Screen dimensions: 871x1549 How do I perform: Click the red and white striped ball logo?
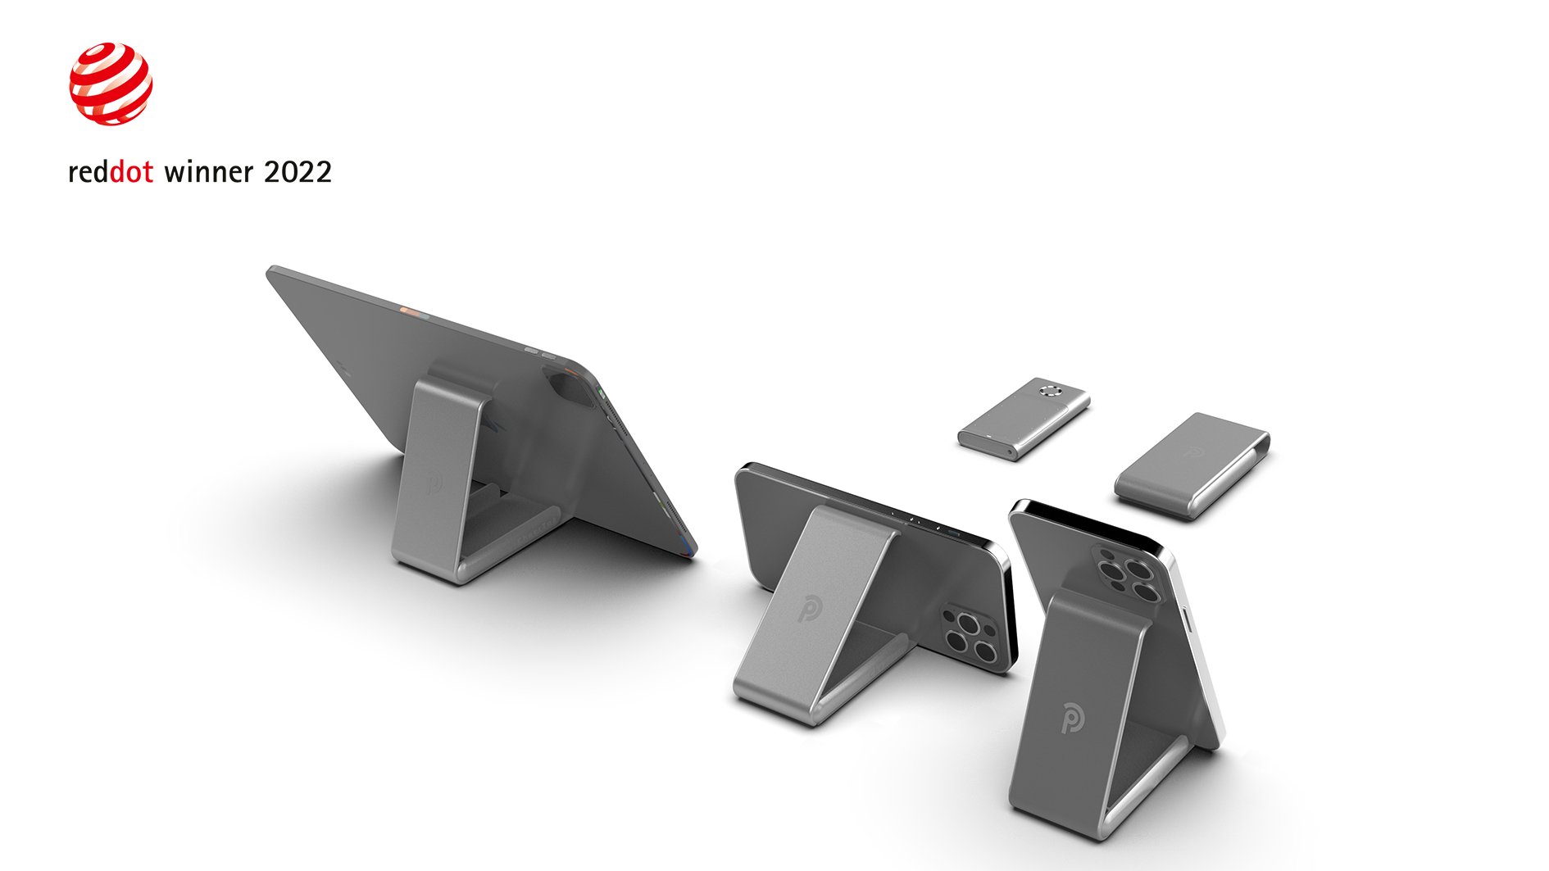pos(111,84)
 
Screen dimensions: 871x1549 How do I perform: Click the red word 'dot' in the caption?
pos(131,172)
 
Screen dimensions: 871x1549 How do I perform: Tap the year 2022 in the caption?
pos(298,172)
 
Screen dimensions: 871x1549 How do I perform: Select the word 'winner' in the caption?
pos(208,172)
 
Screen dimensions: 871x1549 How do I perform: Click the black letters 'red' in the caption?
pos(88,172)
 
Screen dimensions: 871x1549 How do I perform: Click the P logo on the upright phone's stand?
pos(1072,718)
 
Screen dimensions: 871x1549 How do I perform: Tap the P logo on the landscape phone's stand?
pos(809,608)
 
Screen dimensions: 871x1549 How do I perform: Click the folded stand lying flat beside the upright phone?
pos(1192,465)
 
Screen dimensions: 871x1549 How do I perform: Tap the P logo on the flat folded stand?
pos(1192,451)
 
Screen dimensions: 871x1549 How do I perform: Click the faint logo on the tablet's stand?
pos(435,482)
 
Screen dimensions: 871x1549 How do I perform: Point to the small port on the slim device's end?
pos(1009,450)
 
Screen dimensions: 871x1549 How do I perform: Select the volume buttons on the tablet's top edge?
pos(540,353)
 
